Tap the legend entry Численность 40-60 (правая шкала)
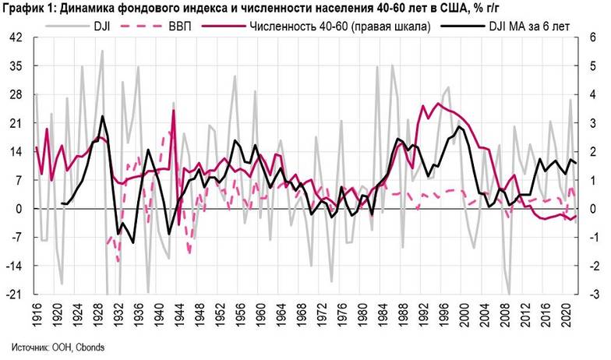pos(327,24)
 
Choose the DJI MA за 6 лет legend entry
pos(526,24)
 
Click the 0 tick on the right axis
pos(593,209)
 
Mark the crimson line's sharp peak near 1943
pos(173,110)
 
